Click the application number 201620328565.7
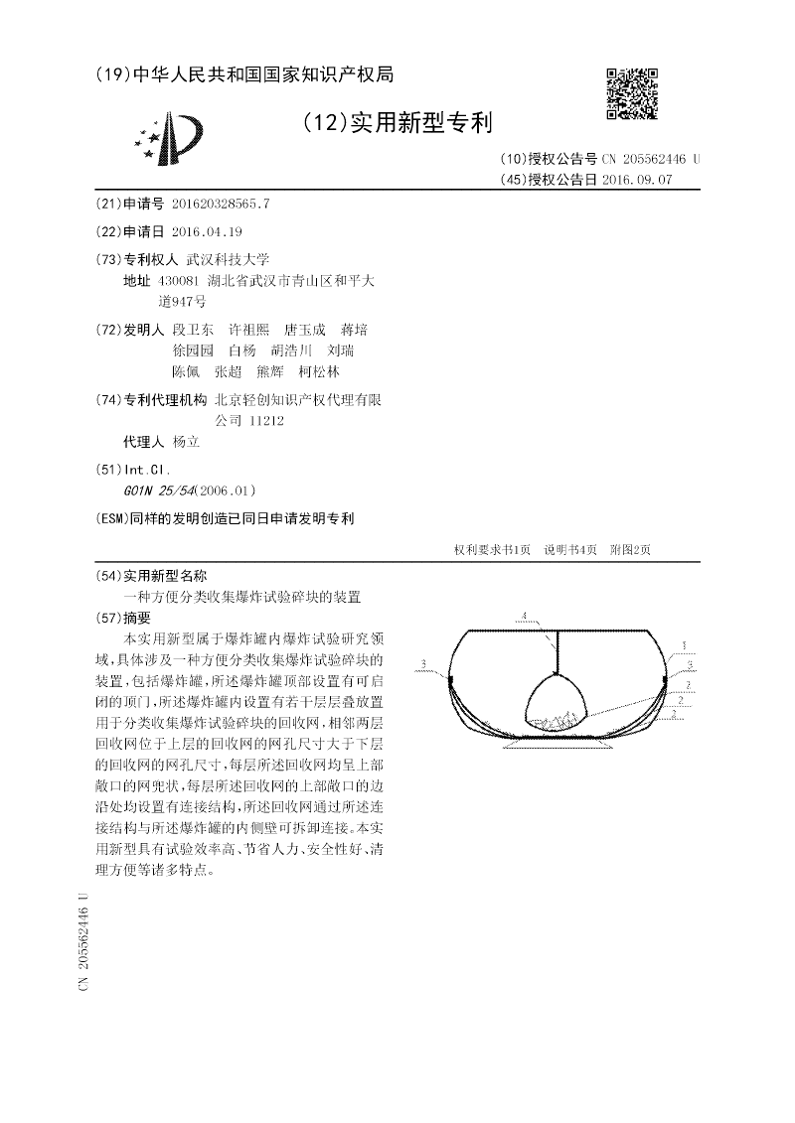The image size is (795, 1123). point(220,203)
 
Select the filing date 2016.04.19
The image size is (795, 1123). point(207,231)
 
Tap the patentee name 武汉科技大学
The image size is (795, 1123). point(228,259)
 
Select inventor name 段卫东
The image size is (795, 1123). point(193,330)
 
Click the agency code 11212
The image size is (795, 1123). point(266,421)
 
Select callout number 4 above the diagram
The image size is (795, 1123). point(524,617)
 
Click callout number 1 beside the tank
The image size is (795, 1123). point(684,645)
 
